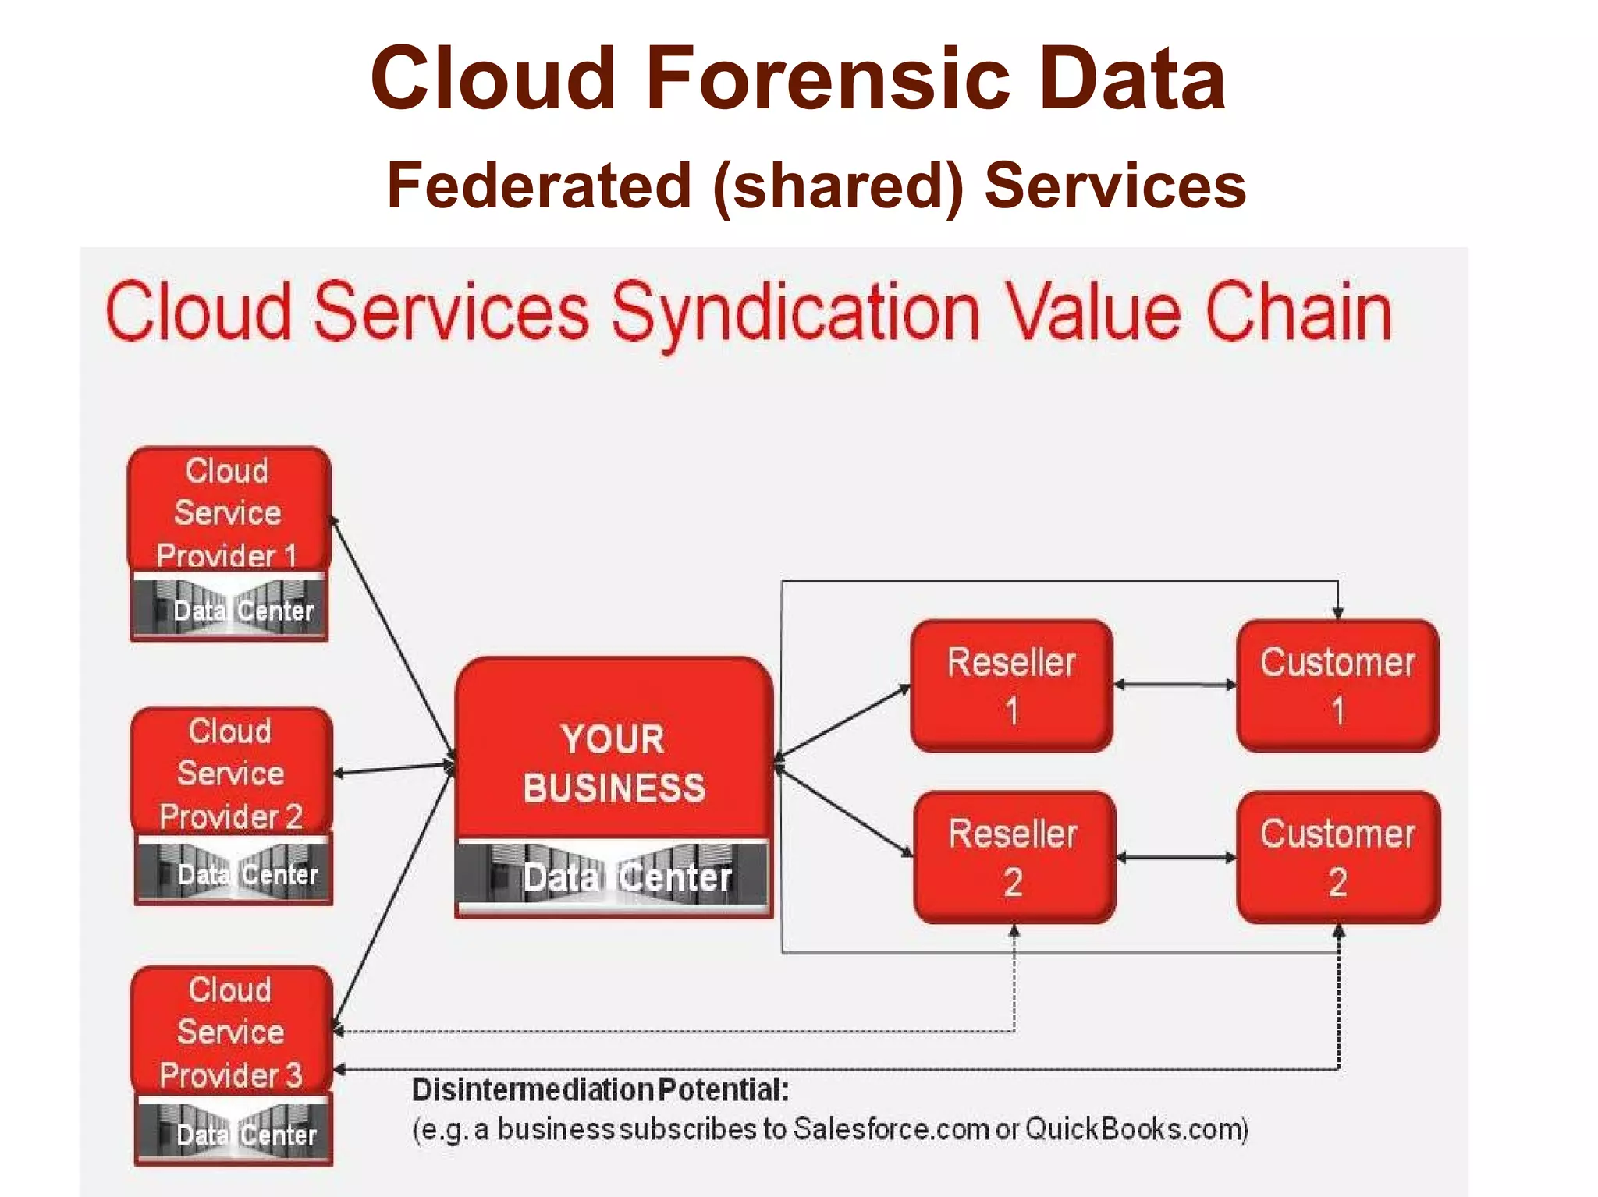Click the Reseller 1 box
[x=1011, y=685]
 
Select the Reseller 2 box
[x=1014, y=857]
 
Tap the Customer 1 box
[x=1337, y=685]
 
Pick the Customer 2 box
[x=1337, y=857]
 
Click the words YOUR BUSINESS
[x=614, y=763]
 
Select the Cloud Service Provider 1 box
[x=229, y=512]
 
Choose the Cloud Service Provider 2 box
[x=232, y=772]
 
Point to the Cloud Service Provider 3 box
[x=232, y=1031]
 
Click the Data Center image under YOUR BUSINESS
[x=614, y=877]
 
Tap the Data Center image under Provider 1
[x=229, y=609]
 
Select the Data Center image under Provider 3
[x=233, y=1133]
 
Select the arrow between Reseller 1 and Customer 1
[x=1175, y=685]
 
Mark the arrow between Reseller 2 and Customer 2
[x=1177, y=858]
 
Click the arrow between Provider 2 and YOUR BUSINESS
[x=394, y=769]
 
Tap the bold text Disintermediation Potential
[x=600, y=1089]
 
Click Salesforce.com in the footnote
[x=891, y=1128]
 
